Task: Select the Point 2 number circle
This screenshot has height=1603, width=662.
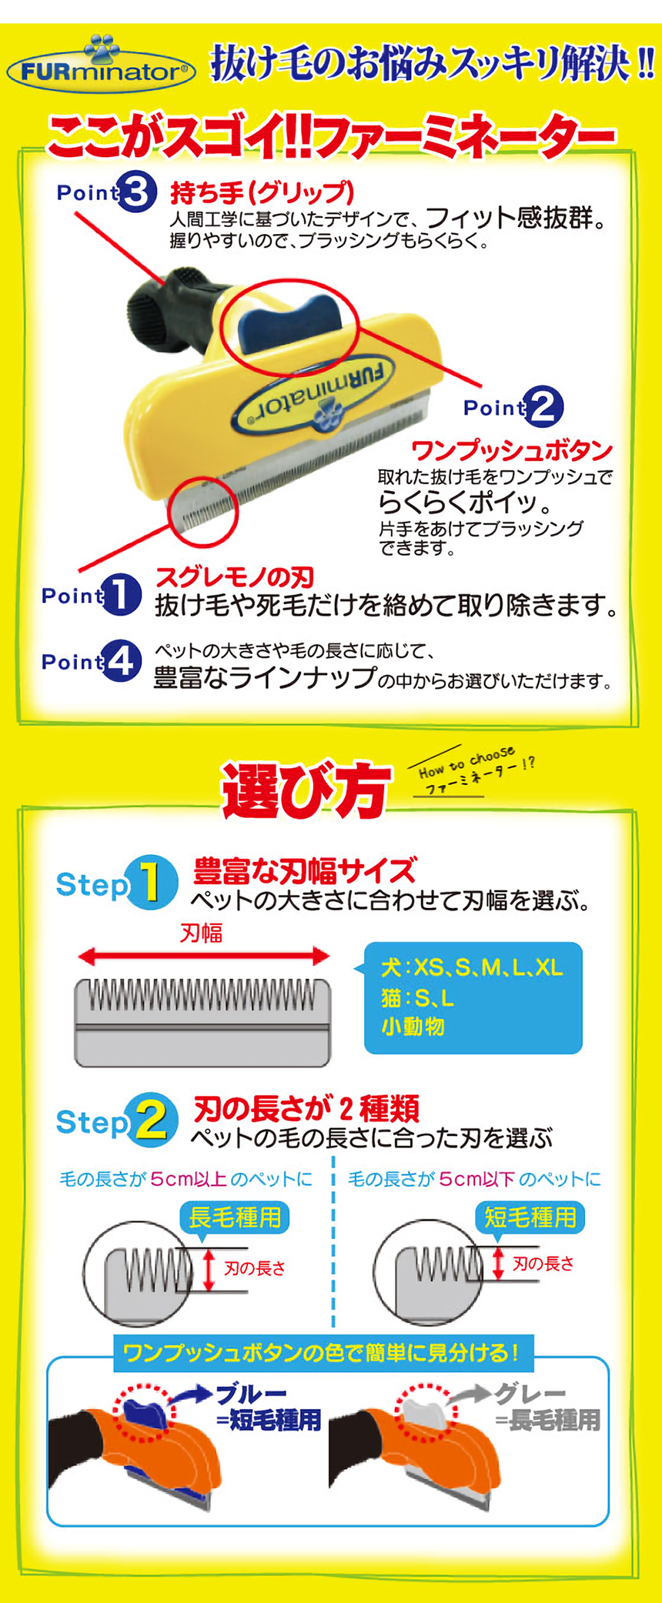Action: click(x=543, y=407)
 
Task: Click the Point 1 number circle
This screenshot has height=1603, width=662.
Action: click(x=121, y=595)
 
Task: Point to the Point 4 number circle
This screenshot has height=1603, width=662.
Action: click(x=122, y=661)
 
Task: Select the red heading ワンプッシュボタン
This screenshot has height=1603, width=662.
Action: click(x=512, y=451)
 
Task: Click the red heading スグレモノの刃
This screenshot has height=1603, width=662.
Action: click(x=235, y=576)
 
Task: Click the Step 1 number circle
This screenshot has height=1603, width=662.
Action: click(x=152, y=883)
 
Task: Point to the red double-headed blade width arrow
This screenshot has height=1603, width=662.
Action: click(x=204, y=957)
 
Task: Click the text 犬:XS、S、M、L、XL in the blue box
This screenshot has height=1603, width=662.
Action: click(x=472, y=968)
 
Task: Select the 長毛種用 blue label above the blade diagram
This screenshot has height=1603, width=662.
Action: click(x=235, y=1217)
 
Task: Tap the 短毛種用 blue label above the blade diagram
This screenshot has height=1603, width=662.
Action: click(x=530, y=1217)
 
